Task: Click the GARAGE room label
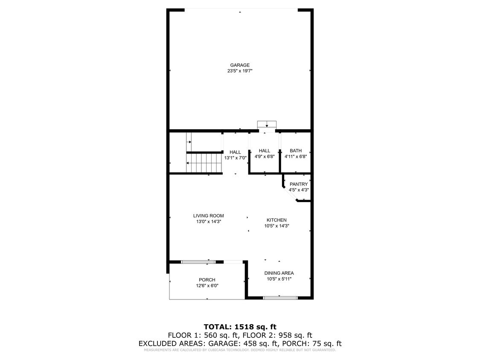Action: click(239, 65)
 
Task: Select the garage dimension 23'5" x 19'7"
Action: click(239, 71)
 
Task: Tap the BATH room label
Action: click(296, 151)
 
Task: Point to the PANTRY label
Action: click(298, 184)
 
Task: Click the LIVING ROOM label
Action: click(208, 216)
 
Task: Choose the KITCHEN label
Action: click(276, 220)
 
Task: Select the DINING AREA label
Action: click(279, 273)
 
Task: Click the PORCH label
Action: click(207, 280)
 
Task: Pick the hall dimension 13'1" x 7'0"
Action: click(235, 158)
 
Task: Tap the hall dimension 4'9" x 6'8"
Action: click(265, 157)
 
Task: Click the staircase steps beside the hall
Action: click(204, 163)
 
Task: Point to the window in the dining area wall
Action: click(280, 297)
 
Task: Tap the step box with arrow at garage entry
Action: click(267, 125)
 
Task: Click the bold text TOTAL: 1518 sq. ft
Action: click(240, 327)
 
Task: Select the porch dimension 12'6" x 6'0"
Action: click(207, 286)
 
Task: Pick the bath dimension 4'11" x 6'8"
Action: click(296, 157)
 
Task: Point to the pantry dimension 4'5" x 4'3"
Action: click(298, 190)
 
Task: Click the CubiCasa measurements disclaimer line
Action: click(240, 350)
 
